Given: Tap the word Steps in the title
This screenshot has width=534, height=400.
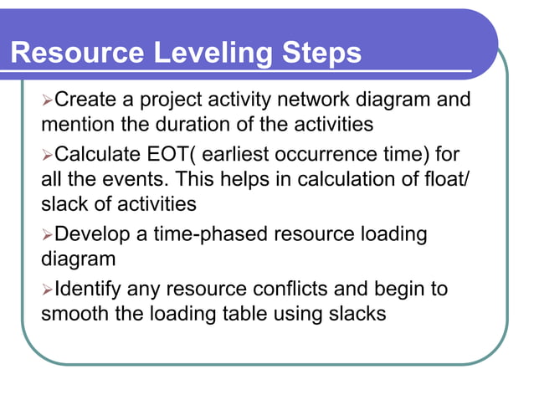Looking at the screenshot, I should [x=320, y=54].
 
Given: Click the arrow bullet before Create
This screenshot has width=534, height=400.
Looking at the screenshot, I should [x=48, y=100].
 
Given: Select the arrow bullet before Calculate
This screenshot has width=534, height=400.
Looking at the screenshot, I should [x=48, y=155].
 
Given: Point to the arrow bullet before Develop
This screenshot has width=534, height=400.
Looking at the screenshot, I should [x=48, y=235].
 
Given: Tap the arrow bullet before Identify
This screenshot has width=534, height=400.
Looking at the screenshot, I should [x=48, y=290].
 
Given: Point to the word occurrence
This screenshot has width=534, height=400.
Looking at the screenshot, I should [x=366, y=155].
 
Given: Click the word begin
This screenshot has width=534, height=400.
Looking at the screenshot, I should [x=396, y=290].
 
